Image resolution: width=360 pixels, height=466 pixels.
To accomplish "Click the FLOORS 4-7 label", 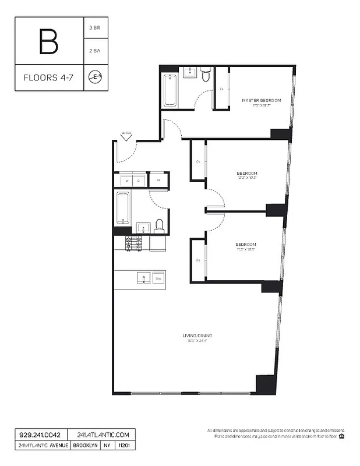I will click(49, 77).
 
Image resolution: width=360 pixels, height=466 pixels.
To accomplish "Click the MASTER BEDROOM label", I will click(262, 100).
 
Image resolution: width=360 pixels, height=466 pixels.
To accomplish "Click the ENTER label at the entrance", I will click(126, 134).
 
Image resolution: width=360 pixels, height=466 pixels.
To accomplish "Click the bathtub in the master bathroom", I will click(170, 90).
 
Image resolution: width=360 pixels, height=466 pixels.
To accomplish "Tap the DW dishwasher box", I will click(158, 278).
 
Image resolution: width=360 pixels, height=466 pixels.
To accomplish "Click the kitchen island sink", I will click(141, 278).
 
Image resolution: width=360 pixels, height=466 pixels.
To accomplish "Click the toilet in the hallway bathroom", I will click(159, 224).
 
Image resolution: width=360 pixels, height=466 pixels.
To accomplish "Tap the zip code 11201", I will click(123, 445).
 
